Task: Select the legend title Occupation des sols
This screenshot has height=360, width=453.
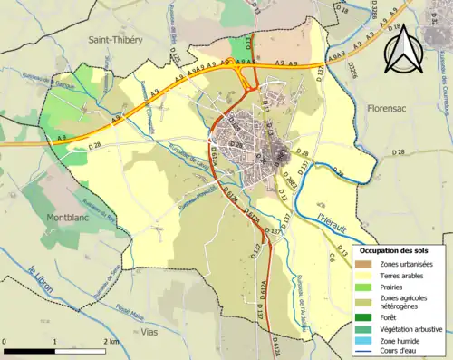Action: coord(397,249)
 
